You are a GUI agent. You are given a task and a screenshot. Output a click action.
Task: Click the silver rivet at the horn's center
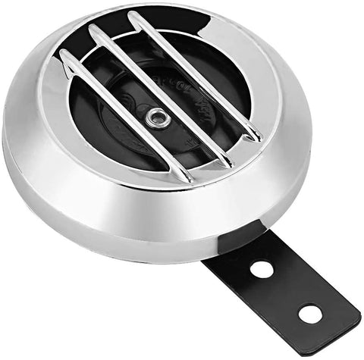[157, 115]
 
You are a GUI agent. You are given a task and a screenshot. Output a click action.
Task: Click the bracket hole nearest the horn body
[262, 268]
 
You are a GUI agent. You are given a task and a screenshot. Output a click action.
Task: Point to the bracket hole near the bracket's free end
[309, 312]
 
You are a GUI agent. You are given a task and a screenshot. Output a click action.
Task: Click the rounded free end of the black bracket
[345, 322]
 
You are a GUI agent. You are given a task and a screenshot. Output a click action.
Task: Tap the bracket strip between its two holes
[286, 290]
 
